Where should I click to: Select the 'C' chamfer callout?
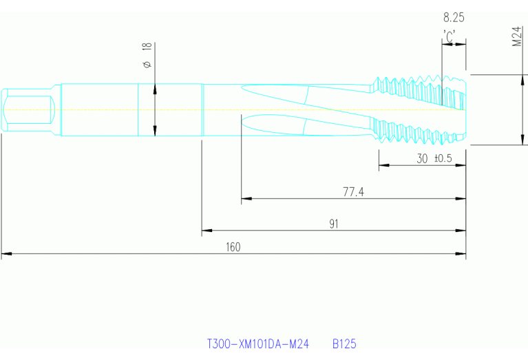coord(450,37)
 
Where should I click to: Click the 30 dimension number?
coord(423,158)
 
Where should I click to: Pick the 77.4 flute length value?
coord(353,192)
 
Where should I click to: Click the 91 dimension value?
coord(334,224)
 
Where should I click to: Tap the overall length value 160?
coord(233,247)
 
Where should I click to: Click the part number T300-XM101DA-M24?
coord(258,343)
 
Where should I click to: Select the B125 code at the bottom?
coord(344,343)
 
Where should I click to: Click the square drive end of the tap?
coord(28,110)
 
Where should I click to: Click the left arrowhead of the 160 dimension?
coord(6,255)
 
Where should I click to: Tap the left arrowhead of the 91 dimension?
coord(206,231)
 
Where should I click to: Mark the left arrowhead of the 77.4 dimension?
coord(246,199)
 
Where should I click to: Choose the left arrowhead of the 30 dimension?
coord(383,166)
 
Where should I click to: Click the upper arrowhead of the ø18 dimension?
coord(155,87)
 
